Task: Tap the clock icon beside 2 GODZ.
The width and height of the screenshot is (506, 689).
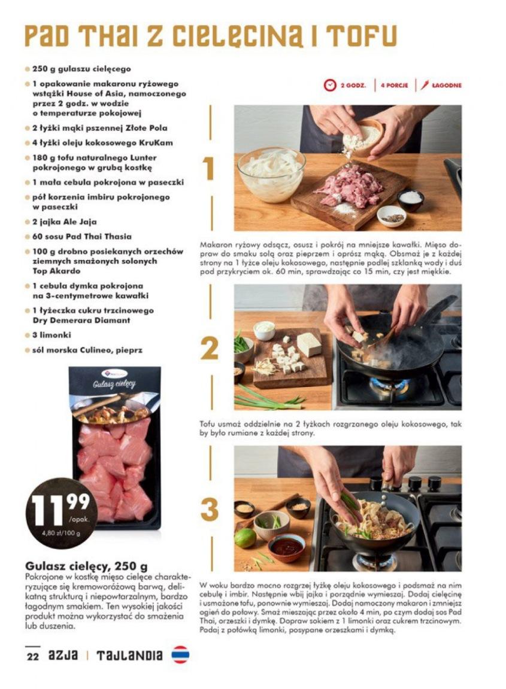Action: (x=329, y=86)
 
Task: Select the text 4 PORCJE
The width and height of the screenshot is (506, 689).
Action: (x=394, y=86)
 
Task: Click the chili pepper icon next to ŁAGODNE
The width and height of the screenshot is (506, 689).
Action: (x=424, y=85)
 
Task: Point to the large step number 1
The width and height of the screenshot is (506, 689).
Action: (x=208, y=168)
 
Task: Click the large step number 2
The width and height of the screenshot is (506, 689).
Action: (x=210, y=349)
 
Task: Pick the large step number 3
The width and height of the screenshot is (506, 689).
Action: (x=210, y=510)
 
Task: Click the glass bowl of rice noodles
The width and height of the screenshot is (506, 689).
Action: (x=271, y=174)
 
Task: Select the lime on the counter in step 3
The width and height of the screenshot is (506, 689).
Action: (x=245, y=538)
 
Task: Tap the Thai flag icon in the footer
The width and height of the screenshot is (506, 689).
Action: (x=180, y=655)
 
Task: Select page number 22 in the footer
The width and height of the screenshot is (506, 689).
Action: (x=32, y=657)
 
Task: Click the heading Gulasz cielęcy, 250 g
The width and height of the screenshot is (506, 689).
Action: (x=87, y=566)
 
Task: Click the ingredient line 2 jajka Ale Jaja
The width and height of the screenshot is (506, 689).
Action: (x=64, y=222)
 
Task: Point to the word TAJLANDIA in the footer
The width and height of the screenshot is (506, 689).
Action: (x=129, y=656)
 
